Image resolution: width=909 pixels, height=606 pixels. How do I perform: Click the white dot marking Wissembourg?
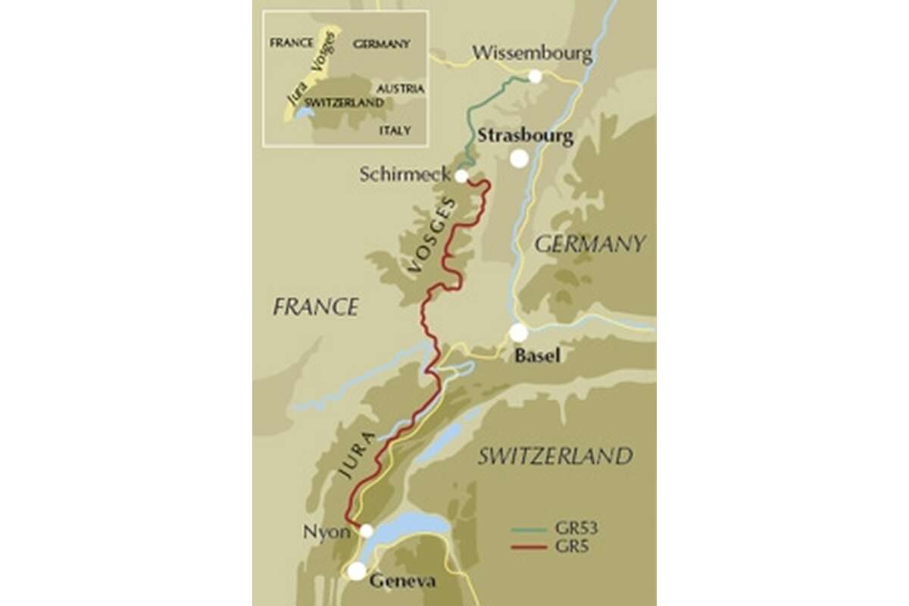coord(535,76)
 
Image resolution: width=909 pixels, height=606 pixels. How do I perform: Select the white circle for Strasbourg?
coord(519,158)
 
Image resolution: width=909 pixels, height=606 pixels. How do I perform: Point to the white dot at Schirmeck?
coord(461,176)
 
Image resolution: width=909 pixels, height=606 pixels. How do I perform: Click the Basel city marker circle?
coord(518,333)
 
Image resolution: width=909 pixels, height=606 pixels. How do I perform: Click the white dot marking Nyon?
coord(366,530)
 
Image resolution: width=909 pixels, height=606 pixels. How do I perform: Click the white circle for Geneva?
coord(356,571)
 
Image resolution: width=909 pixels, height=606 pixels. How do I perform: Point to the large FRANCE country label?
coord(315,307)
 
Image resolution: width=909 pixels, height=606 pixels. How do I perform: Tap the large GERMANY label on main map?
coord(590,244)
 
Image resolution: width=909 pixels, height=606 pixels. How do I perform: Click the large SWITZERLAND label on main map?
coord(554,456)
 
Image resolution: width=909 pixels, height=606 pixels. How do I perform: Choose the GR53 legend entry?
coord(554,530)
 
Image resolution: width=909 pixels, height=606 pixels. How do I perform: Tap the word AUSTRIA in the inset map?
coord(400,89)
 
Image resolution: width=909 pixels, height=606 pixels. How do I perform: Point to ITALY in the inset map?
coord(395,130)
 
